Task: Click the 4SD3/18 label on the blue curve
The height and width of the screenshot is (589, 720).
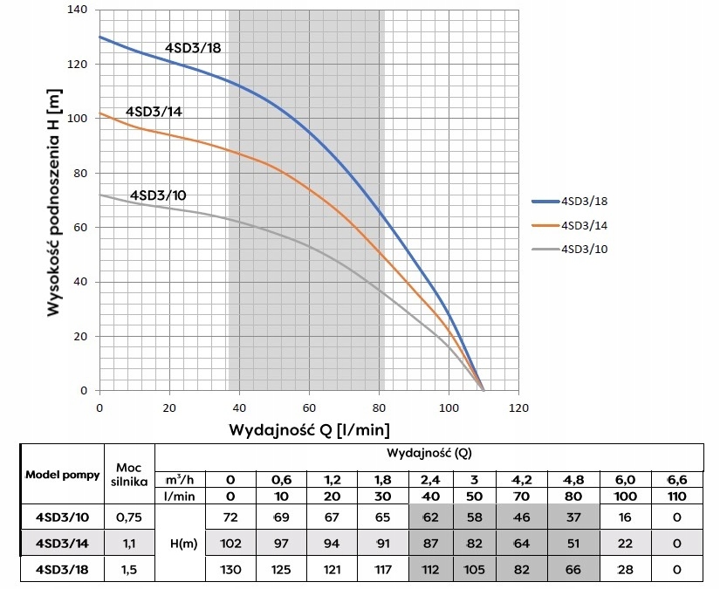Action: tap(193, 47)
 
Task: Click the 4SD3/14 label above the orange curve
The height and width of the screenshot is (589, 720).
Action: tap(154, 112)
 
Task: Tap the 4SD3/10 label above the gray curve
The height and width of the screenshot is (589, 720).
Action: tap(157, 195)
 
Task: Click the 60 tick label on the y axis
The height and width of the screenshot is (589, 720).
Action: tap(81, 228)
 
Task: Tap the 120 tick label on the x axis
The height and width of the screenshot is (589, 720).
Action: tap(518, 408)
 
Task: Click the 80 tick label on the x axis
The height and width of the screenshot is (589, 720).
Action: tap(379, 408)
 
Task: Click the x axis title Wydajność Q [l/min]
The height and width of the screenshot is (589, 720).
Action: tap(309, 429)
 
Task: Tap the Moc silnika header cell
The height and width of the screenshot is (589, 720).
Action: tap(128, 472)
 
